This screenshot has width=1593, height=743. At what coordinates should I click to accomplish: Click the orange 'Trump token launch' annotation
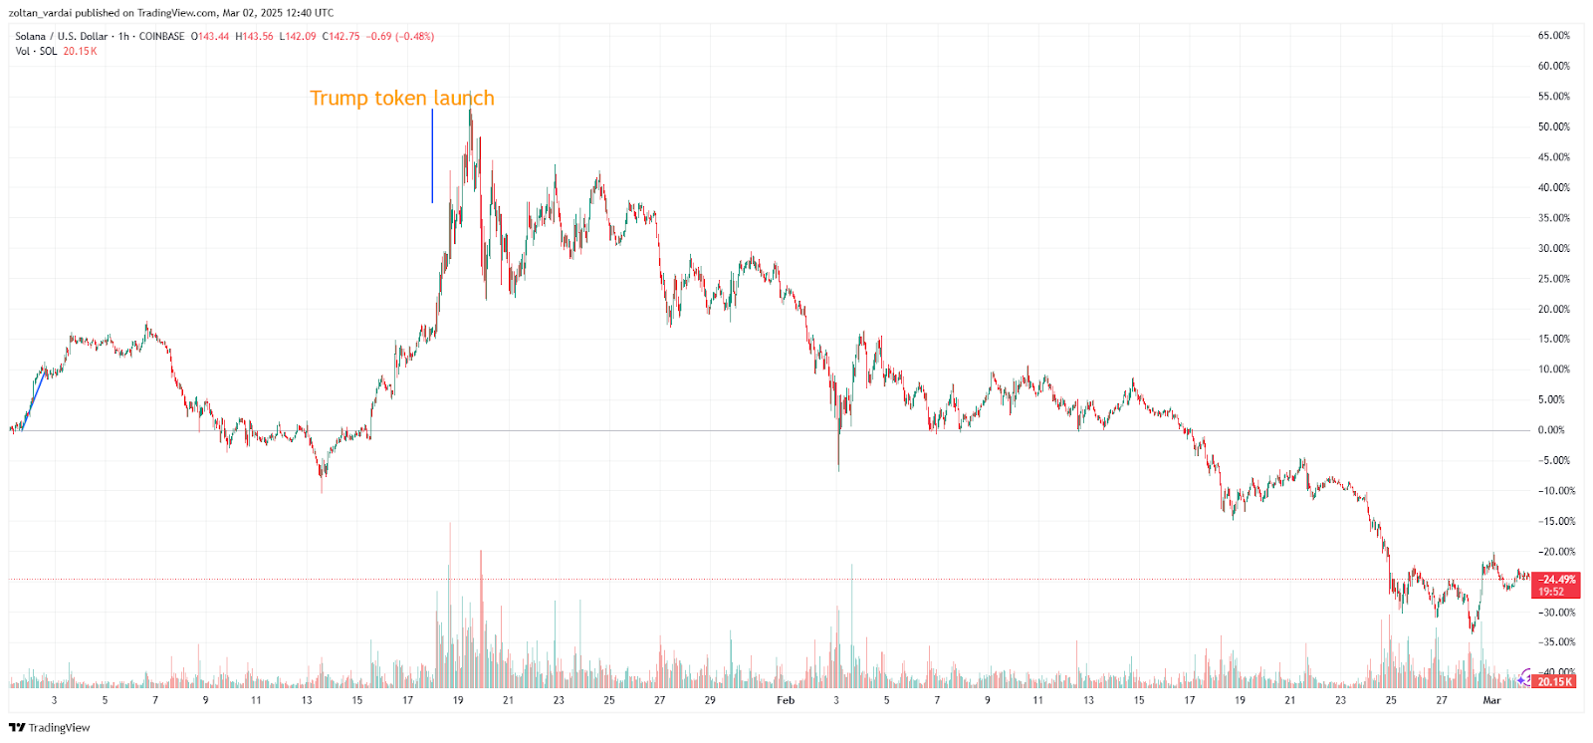click(x=401, y=98)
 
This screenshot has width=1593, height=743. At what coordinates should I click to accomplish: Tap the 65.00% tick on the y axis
click(x=1553, y=36)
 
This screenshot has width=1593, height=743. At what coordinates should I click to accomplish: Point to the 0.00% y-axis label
click(x=1551, y=430)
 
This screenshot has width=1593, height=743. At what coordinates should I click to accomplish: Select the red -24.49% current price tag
click(x=1556, y=580)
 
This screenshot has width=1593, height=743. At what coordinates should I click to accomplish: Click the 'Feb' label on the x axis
click(x=786, y=700)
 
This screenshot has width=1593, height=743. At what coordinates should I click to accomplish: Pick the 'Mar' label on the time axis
click(x=1491, y=700)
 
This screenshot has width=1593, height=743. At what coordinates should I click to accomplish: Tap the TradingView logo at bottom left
click(x=49, y=728)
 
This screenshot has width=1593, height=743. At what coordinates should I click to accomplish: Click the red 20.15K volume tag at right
click(x=1554, y=682)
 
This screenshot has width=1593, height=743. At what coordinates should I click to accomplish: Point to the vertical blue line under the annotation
click(x=432, y=156)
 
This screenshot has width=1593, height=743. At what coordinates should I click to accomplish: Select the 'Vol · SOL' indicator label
click(x=36, y=52)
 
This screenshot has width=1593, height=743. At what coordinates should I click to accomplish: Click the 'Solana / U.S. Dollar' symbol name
click(x=61, y=37)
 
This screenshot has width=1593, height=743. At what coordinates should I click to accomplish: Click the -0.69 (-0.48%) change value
click(x=400, y=37)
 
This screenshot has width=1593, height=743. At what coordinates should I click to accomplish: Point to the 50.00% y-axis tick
click(x=1553, y=127)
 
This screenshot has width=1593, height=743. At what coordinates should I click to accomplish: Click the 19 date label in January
click(x=458, y=700)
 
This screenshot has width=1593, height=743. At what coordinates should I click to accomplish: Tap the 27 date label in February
click(x=1441, y=700)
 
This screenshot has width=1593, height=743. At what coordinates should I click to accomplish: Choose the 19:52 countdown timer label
click(x=1551, y=592)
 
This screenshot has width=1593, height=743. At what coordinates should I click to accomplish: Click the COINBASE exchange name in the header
click(x=161, y=37)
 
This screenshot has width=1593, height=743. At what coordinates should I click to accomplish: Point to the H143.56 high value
click(x=254, y=37)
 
